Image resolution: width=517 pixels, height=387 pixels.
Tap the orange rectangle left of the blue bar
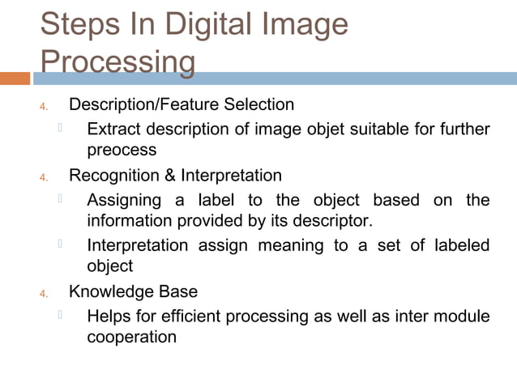pos(15,79)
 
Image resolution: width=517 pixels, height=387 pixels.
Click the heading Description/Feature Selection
pos(182,105)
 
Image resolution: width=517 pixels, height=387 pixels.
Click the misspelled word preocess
pos(122,151)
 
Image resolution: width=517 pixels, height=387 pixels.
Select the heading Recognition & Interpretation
pos(175,176)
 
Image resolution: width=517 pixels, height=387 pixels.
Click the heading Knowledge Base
pos(133,291)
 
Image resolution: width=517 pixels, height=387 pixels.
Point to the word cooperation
pos(131,336)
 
